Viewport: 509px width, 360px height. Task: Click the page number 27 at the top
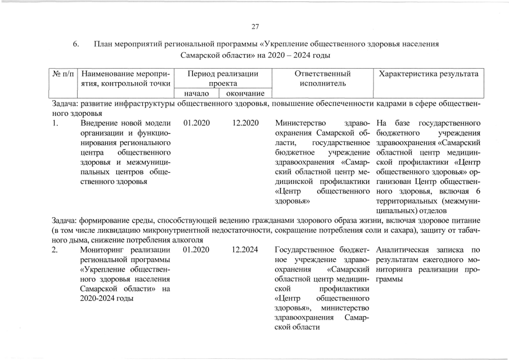255,26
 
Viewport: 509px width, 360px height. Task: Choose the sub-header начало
196,93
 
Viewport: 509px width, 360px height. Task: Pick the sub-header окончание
245,93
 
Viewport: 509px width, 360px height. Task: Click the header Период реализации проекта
223,79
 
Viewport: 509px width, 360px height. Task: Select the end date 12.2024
245,250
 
